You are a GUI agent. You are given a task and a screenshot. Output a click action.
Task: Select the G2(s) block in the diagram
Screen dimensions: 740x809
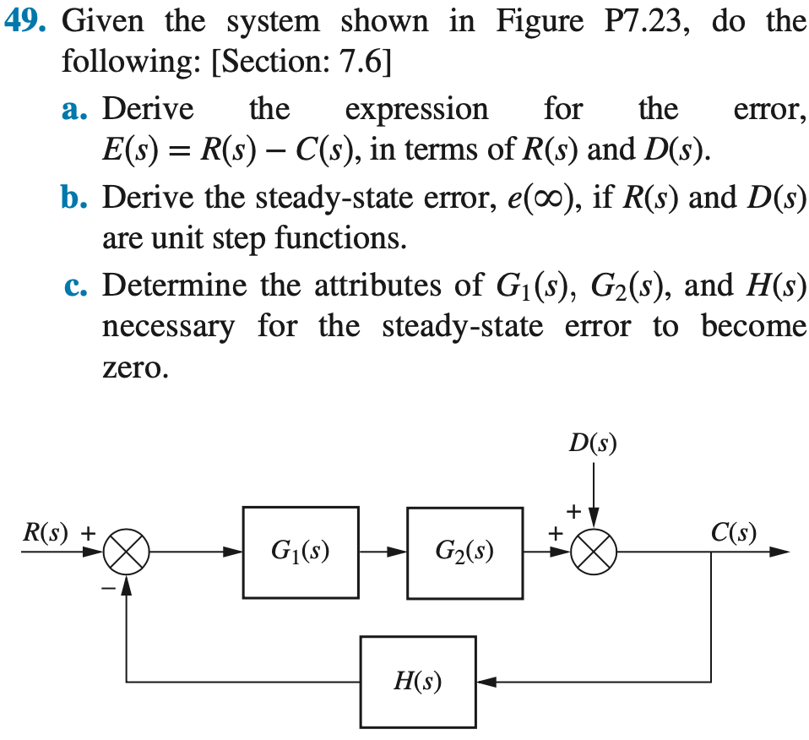tap(464, 553)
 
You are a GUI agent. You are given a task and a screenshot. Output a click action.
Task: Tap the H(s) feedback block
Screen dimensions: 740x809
tap(417, 681)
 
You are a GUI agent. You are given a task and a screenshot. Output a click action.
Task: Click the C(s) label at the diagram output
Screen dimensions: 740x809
tap(733, 533)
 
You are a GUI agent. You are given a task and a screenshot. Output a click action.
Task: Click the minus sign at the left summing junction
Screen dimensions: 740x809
tap(109, 588)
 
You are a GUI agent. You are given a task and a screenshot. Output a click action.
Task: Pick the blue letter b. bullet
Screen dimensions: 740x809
tap(78, 199)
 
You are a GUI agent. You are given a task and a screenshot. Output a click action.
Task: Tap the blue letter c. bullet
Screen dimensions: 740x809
tap(77, 286)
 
